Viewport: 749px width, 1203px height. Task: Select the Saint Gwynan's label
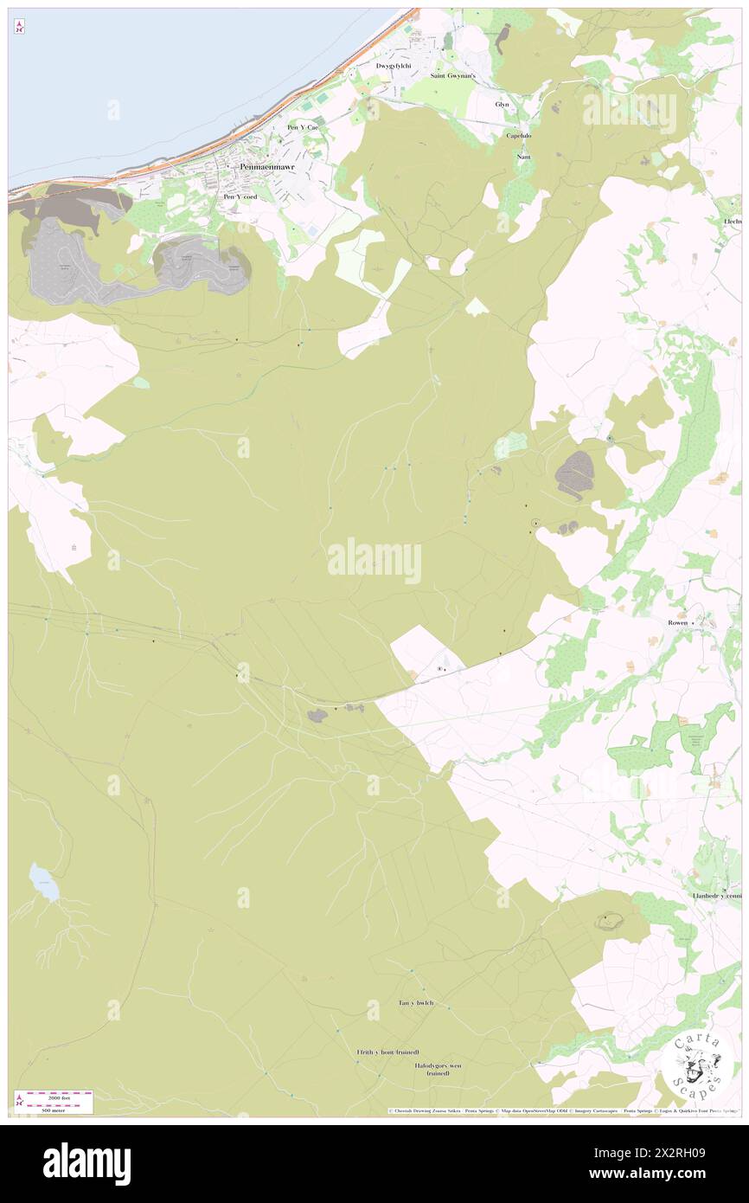453,76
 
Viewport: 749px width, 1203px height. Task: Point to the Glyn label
502,104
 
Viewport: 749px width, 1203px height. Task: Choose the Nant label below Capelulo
522,157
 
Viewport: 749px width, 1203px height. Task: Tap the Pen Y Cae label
303,127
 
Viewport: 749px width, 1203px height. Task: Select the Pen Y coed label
240,196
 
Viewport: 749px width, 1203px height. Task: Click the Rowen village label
678,622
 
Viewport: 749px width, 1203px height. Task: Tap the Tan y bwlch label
415,1003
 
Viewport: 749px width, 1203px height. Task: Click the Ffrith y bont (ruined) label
387,1052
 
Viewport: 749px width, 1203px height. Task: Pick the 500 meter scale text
59,1110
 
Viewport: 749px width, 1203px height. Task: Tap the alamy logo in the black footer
86,1164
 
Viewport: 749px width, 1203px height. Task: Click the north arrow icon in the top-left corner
20,28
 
